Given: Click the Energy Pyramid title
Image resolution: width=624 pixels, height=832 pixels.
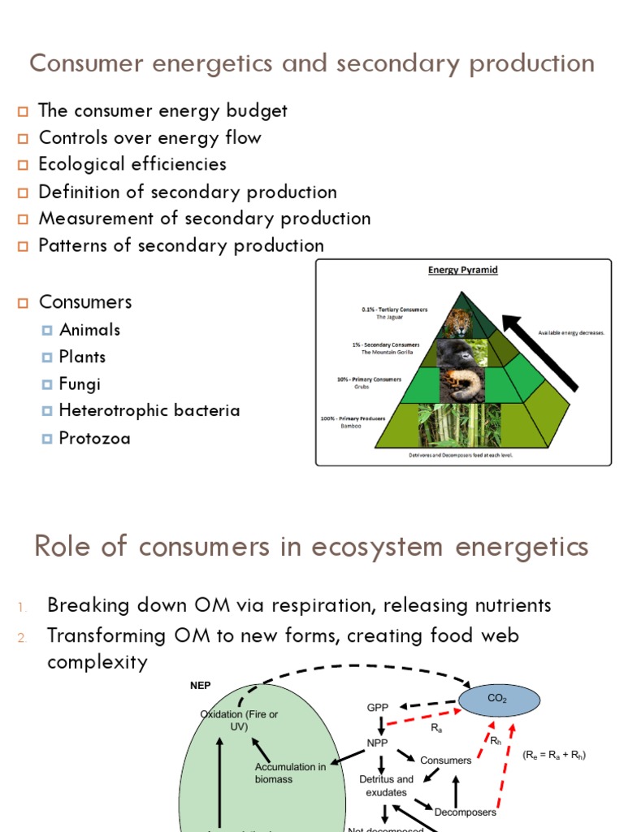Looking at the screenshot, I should click(x=462, y=270).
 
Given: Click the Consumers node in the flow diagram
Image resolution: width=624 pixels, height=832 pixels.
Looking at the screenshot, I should click(x=445, y=760).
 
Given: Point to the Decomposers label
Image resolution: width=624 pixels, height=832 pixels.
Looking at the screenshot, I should click(x=465, y=811).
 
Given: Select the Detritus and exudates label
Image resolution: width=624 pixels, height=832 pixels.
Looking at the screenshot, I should click(x=386, y=785).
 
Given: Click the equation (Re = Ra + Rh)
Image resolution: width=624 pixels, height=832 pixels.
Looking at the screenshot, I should click(x=554, y=755).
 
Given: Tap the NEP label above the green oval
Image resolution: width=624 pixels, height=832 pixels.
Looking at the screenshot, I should click(x=200, y=685).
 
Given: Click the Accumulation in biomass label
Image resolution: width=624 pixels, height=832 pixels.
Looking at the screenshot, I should click(x=290, y=773).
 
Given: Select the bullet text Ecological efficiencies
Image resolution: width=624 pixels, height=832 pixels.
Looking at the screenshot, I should click(x=132, y=164).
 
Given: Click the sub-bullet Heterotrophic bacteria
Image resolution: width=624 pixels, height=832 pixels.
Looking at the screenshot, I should click(x=149, y=410).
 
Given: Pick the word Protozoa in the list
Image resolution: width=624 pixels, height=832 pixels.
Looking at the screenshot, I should click(x=94, y=439).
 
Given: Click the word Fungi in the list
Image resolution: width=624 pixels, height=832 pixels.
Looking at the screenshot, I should click(x=80, y=383).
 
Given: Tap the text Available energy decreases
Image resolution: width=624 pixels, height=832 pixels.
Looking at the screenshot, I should click(x=571, y=332).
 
